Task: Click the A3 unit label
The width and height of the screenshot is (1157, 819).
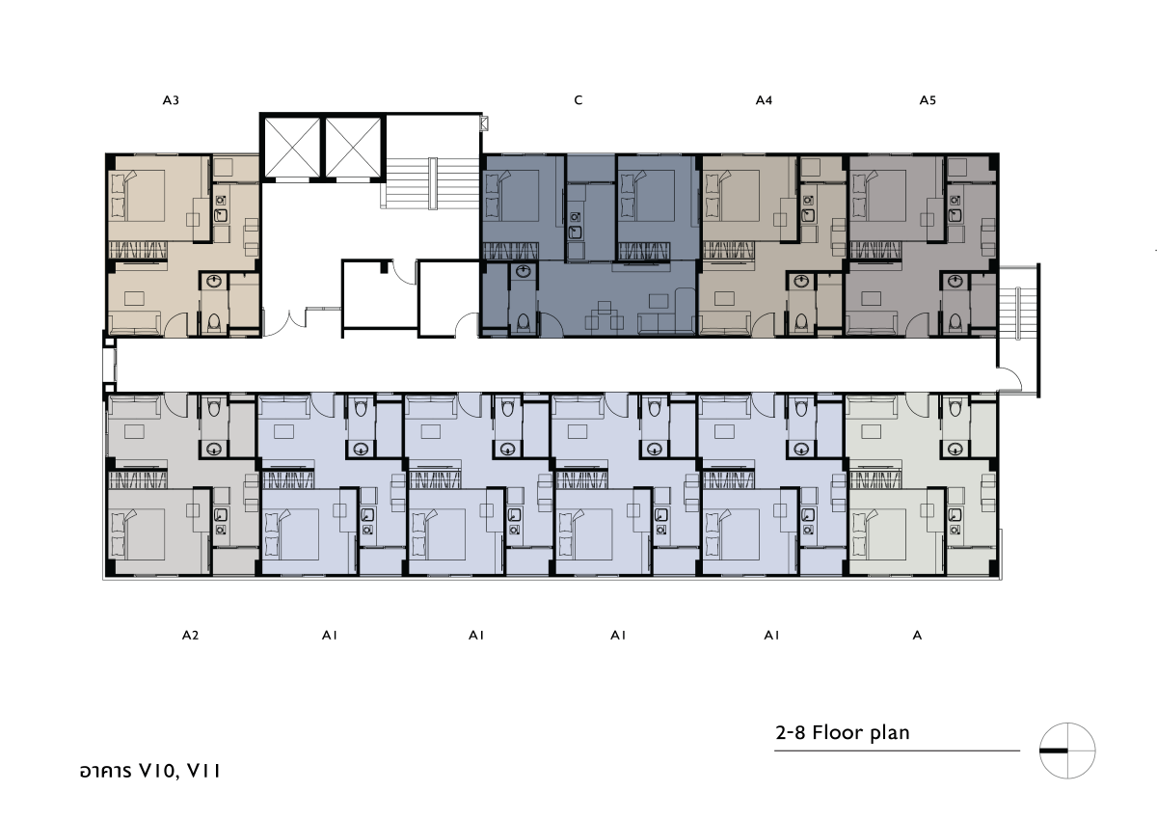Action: [x=171, y=100]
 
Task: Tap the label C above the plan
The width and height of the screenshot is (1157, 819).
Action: [x=578, y=100]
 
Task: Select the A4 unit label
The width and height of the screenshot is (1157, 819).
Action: [x=764, y=100]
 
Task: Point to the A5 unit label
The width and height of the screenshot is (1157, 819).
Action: [x=928, y=100]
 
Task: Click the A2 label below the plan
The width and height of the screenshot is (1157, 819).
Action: [x=190, y=635]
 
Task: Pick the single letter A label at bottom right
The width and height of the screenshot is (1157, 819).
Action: [x=917, y=635]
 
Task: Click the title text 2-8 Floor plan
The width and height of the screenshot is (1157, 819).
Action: [x=843, y=733]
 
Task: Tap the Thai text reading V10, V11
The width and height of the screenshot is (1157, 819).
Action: [x=149, y=771]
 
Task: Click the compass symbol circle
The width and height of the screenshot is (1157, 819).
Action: [x=1067, y=751]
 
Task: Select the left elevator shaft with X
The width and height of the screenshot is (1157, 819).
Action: [x=292, y=148]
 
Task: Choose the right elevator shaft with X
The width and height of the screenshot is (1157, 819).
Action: [x=353, y=148]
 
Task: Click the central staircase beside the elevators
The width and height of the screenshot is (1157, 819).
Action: [x=431, y=183]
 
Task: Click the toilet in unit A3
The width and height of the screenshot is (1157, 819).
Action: [x=214, y=322]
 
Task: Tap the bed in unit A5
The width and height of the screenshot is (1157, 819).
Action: [x=879, y=196]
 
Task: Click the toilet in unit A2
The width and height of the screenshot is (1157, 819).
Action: [x=214, y=408]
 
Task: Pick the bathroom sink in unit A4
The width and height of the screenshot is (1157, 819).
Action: [x=801, y=282]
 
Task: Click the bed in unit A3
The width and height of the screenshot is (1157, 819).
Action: [x=138, y=196]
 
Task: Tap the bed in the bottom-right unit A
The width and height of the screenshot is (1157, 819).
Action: [x=879, y=534]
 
